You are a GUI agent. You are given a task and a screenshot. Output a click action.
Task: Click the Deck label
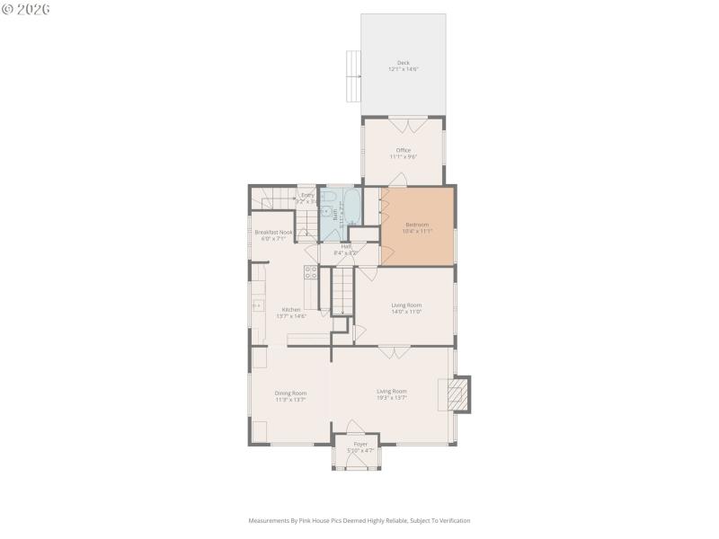click(x=403, y=63)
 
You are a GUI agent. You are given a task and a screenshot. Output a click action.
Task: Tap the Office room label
click(x=403, y=150)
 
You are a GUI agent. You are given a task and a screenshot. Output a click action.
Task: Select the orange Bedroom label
click(x=416, y=225)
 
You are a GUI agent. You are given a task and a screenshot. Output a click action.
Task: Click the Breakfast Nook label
click(x=273, y=232)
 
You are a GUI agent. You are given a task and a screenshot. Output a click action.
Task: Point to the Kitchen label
click(x=291, y=310)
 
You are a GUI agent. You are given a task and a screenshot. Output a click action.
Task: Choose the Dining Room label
click(x=291, y=393)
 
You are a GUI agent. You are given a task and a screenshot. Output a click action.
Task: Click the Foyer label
click(x=360, y=444)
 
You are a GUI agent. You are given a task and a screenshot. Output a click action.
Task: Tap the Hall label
click(x=346, y=246)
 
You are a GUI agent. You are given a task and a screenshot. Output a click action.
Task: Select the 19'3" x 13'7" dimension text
click(x=392, y=398)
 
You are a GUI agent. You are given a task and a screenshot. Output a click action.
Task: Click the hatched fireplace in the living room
click(x=457, y=393)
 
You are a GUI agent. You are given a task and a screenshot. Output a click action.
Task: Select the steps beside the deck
click(x=353, y=76)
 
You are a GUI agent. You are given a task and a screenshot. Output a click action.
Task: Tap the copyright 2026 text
click(x=26, y=8)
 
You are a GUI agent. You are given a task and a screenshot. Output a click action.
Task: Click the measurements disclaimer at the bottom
click(x=359, y=520)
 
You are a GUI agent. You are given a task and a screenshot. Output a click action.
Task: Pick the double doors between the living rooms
click(x=393, y=351)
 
